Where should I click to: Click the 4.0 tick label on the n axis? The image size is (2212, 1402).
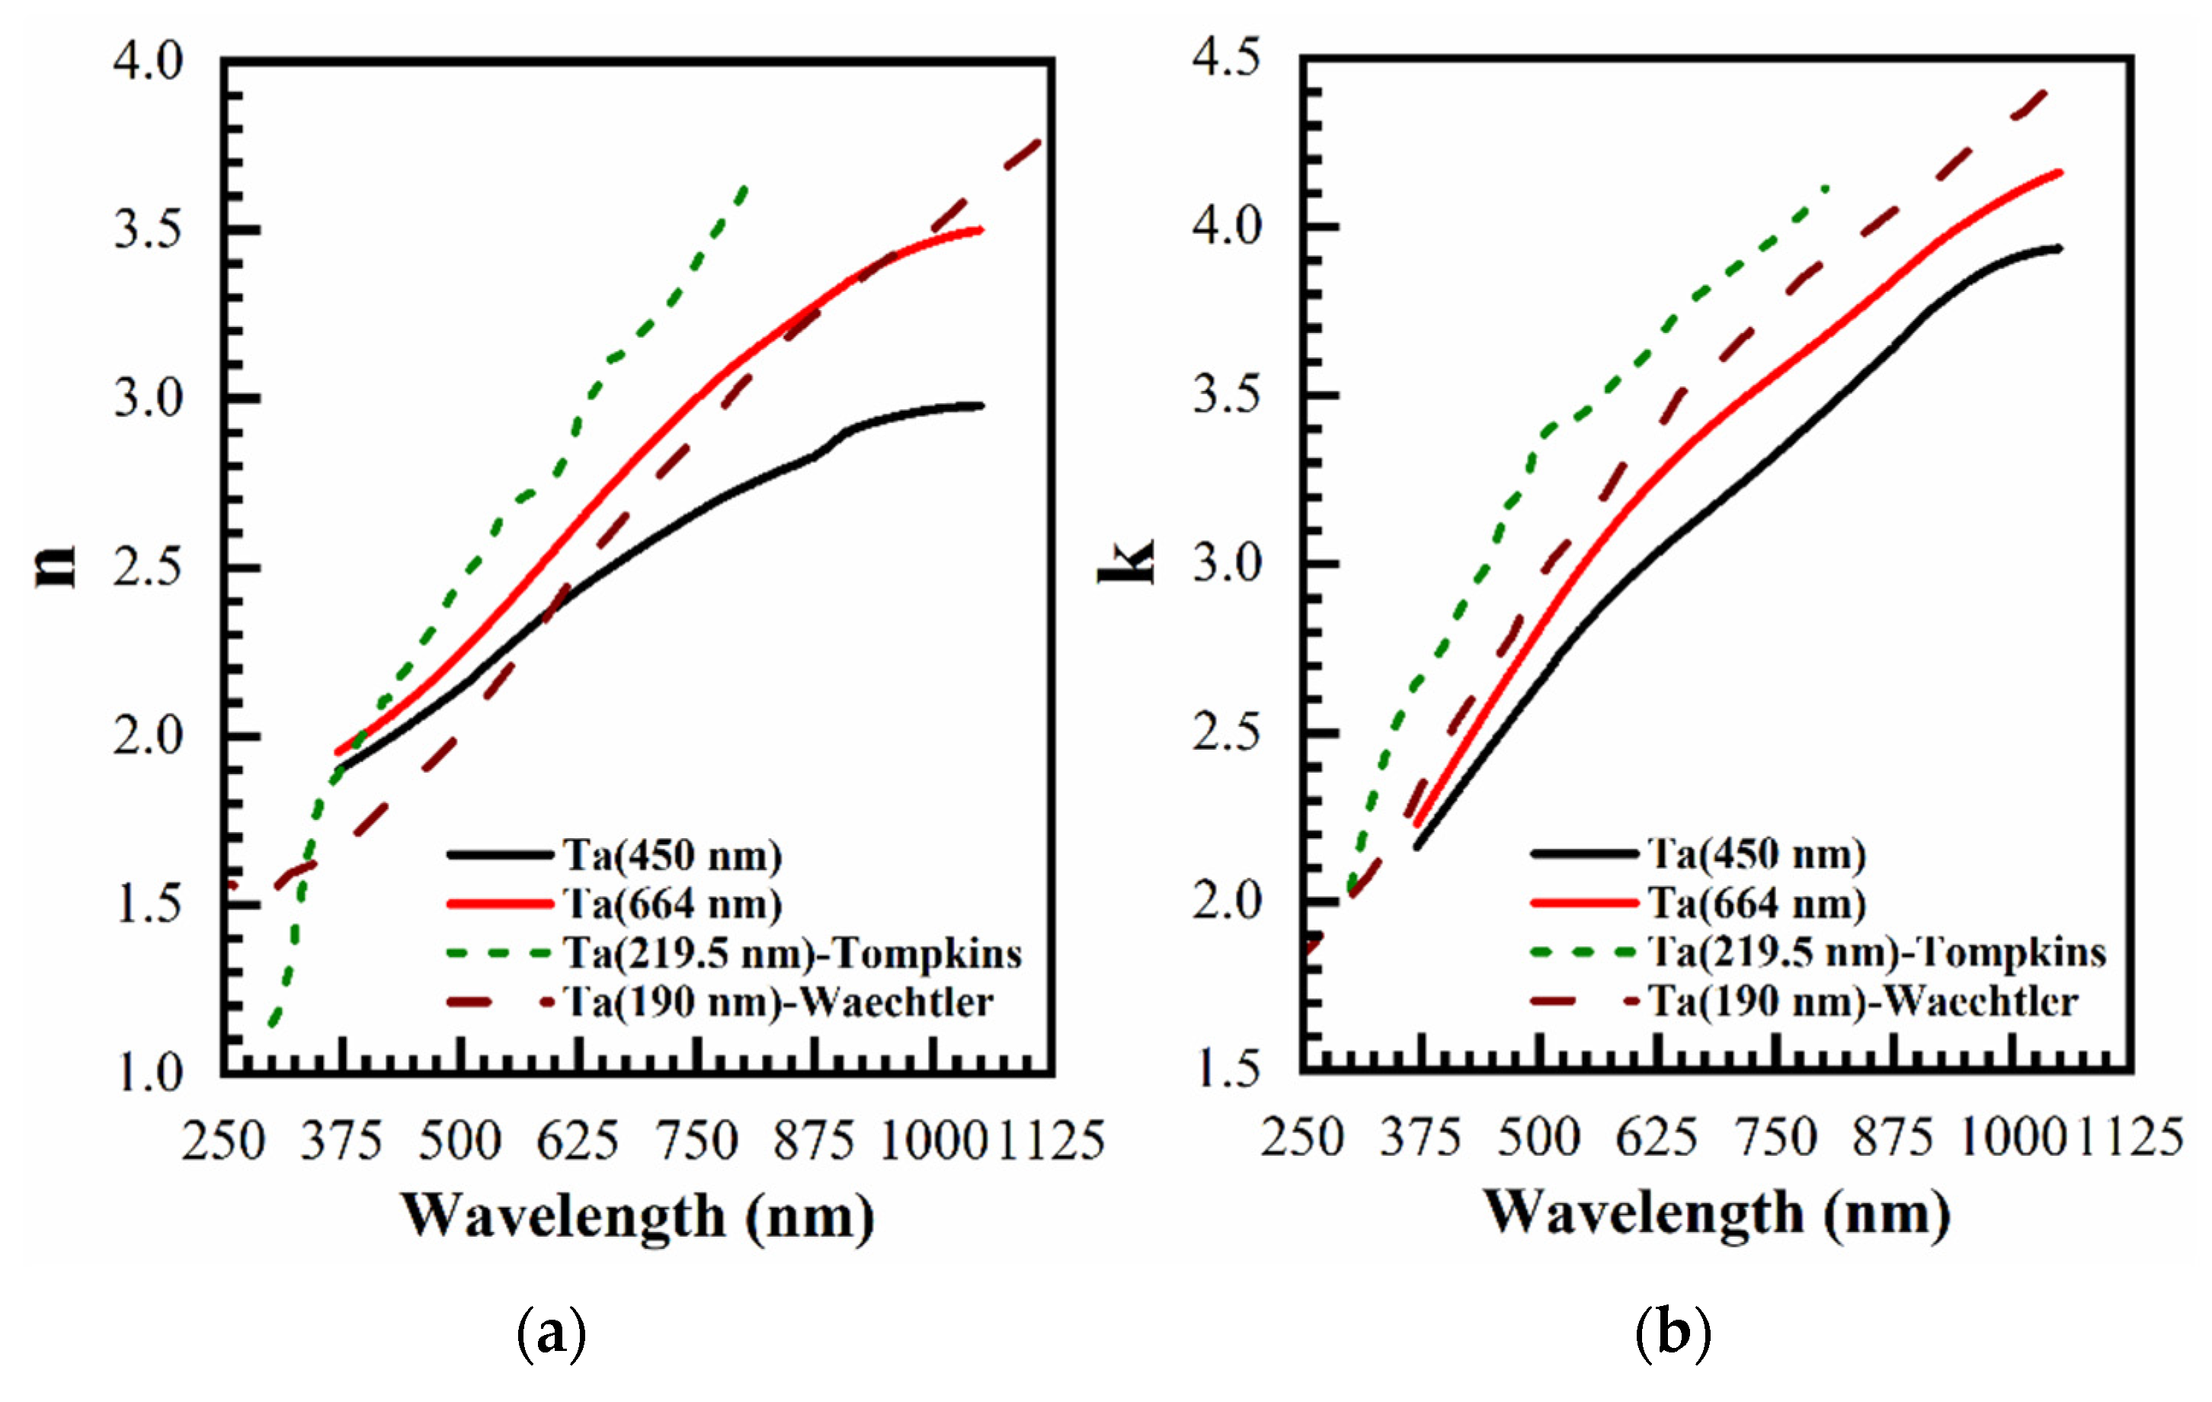[148, 62]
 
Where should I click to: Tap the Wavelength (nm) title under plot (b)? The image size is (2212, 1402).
[1716, 1213]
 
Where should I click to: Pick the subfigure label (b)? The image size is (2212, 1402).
[1673, 1332]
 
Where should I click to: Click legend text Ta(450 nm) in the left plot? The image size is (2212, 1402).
[672, 856]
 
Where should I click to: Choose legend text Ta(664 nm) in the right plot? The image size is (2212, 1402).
[1756, 904]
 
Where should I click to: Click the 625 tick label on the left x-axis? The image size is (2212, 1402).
[577, 1142]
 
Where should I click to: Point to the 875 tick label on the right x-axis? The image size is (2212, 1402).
[1892, 1138]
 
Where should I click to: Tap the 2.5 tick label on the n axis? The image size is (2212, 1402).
[148, 568]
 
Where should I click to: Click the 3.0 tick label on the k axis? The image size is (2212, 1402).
[1226, 563]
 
